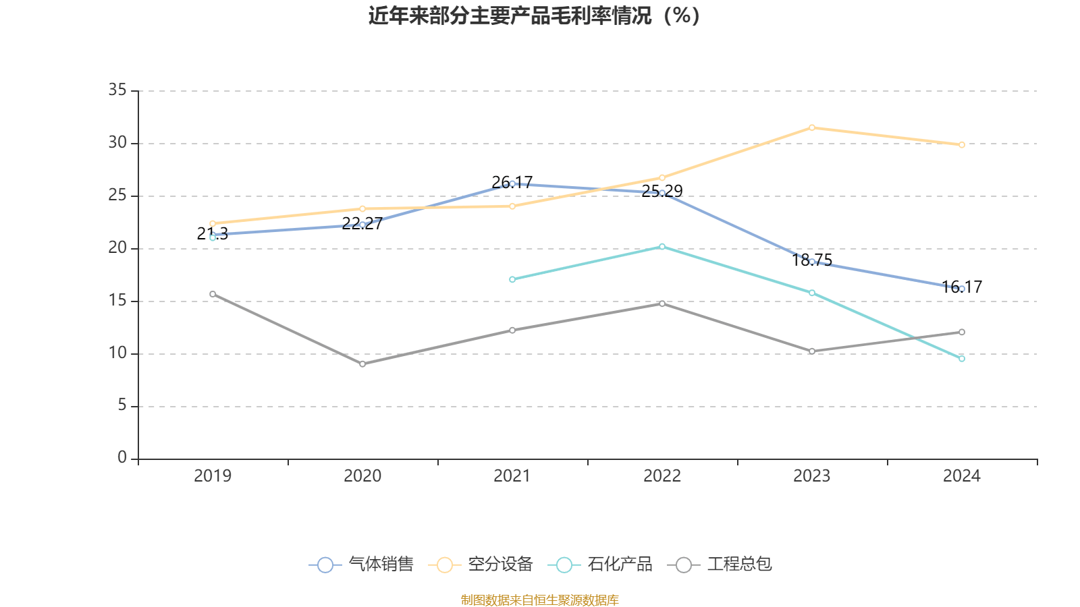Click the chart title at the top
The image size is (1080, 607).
(x=535, y=16)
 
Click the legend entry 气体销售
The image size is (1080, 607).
(x=362, y=565)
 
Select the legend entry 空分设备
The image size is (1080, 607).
(x=481, y=565)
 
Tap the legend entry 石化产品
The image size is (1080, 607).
(x=601, y=565)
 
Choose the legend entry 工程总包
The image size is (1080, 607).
(x=720, y=565)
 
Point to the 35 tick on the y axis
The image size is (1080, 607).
(x=118, y=90)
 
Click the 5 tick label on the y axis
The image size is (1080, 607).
(x=122, y=405)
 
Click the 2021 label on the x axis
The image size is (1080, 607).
(x=512, y=476)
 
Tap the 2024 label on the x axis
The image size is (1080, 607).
(x=961, y=476)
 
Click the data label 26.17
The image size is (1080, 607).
(x=512, y=182)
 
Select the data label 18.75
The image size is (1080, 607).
(x=812, y=260)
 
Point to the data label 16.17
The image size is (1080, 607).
(x=962, y=287)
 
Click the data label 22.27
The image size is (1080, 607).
(x=362, y=223)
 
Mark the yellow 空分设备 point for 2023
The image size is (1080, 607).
(x=812, y=127)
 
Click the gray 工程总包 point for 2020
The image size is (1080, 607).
(x=362, y=364)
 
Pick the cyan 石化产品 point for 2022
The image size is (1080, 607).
(x=662, y=247)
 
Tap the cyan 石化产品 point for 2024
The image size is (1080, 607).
(x=962, y=359)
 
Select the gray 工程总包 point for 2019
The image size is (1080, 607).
(x=213, y=294)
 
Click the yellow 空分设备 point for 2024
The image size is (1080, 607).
(x=962, y=145)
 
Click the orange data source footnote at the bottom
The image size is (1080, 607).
(x=539, y=600)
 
